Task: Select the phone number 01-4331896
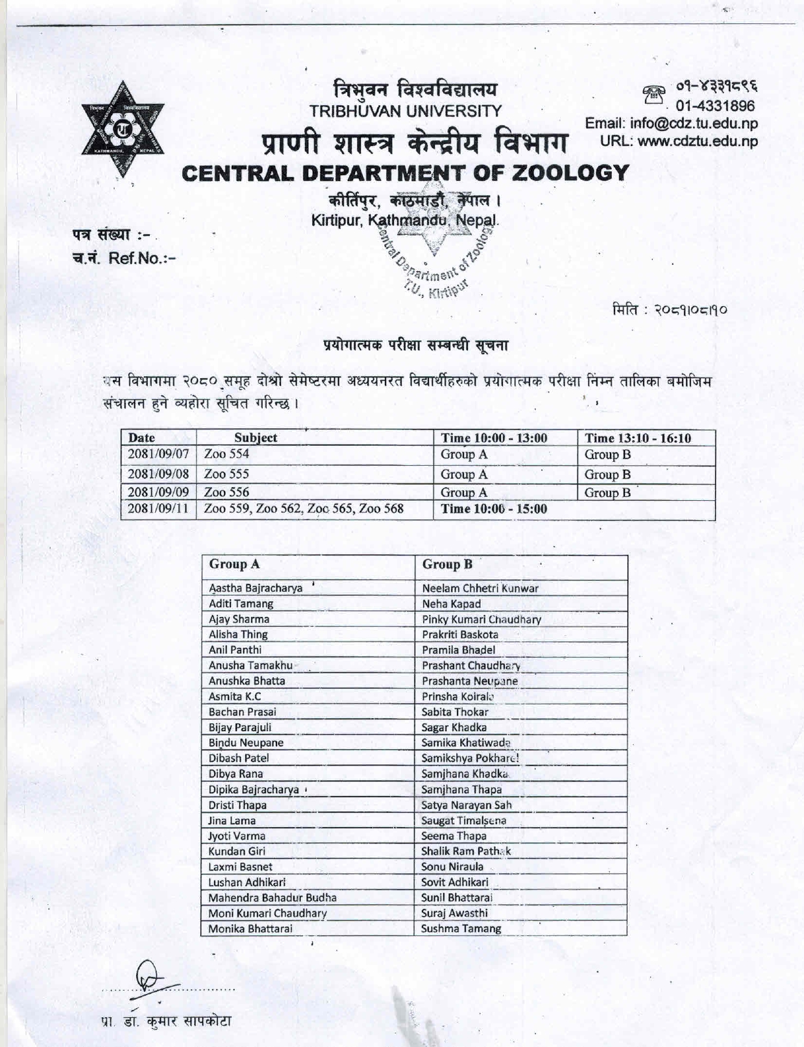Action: click(715, 106)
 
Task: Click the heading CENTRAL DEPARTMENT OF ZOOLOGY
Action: click(406, 173)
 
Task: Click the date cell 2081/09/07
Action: click(158, 454)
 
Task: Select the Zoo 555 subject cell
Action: click(226, 474)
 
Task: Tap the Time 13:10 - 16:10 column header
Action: click(637, 438)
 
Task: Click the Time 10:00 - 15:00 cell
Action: click(494, 509)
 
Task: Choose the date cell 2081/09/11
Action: click(158, 509)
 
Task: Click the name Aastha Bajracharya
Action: click(256, 588)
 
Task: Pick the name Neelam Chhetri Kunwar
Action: click(480, 588)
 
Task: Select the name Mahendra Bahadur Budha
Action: click(272, 898)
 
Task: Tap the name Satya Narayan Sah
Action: click(467, 805)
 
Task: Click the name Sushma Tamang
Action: click(461, 928)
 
